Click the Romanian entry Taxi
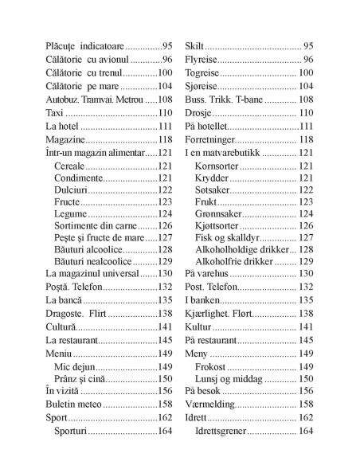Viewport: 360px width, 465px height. pyautogui.click(x=53, y=114)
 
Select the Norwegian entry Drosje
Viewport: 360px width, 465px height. pyautogui.click(x=199, y=114)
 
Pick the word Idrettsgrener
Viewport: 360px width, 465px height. pyautogui.click(x=229, y=431)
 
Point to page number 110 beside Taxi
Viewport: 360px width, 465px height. pyautogui.click(x=165, y=114)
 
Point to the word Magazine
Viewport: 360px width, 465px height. pyautogui.click(x=66, y=139)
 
